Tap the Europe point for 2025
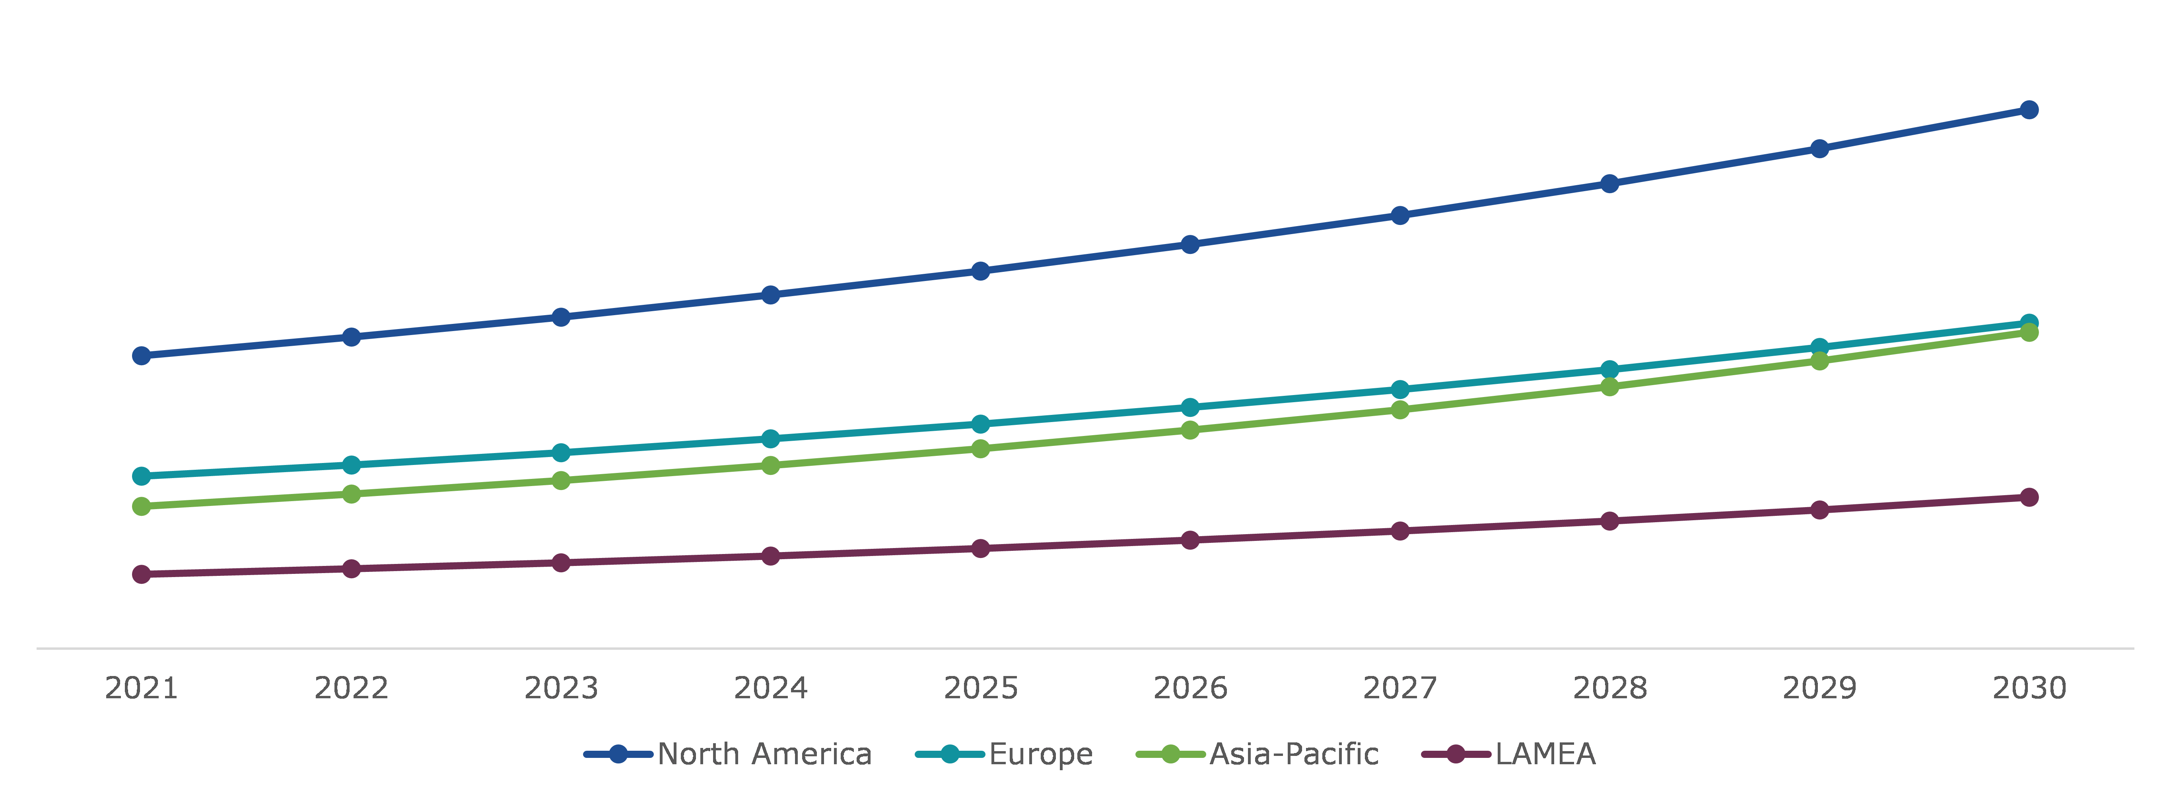pos(980,424)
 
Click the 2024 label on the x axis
pos(770,688)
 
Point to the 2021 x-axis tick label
pos(142,688)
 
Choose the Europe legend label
pos(1040,754)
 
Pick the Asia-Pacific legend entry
pos(1293,754)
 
